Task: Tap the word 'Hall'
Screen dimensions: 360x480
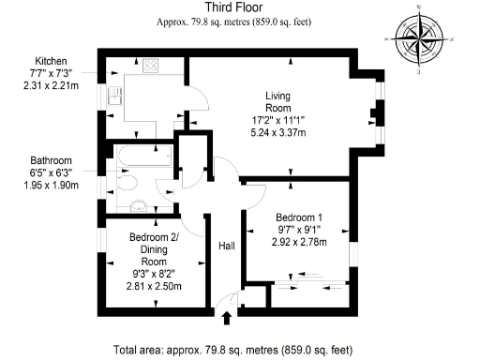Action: coord(226,245)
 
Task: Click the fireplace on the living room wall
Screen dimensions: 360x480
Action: coord(374,117)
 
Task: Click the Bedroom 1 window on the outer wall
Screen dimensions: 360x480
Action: coord(354,253)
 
